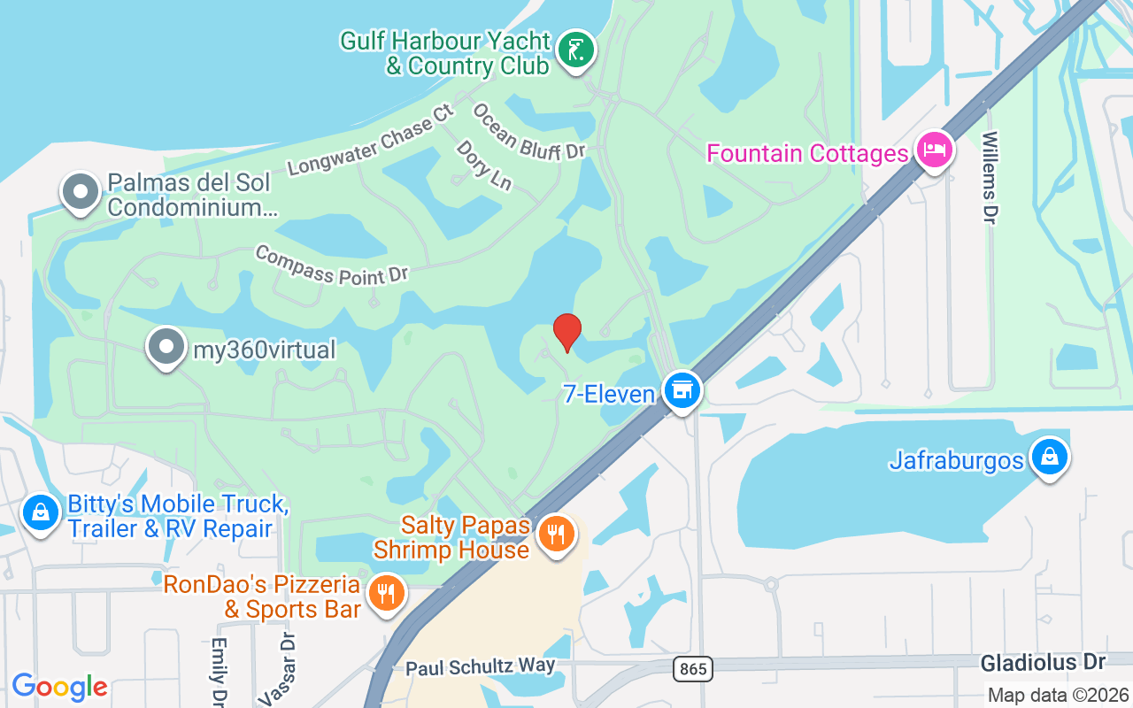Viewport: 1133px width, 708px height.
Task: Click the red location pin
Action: coord(566,333)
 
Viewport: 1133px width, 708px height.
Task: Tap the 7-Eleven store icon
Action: coord(682,390)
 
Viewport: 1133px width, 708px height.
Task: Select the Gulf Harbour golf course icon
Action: coord(576,50)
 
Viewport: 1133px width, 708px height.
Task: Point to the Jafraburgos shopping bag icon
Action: coord(1049,458)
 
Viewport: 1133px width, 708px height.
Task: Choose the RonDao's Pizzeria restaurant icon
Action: coord(385,593)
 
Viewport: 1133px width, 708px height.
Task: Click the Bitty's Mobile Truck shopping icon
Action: coord(41,514)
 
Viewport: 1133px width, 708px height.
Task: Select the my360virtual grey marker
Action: coord(166,348)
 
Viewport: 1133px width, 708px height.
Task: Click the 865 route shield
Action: coord(693,669)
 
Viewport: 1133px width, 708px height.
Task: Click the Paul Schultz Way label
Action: coord(481,666)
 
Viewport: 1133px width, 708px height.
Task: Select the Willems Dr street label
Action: coord(990,177)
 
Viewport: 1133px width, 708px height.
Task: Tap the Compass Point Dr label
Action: coord(332,265)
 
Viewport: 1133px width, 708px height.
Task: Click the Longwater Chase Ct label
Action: coord(370,141)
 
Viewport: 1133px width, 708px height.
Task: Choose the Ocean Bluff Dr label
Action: coord(528,132)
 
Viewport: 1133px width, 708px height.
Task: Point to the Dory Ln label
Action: coord(484,165)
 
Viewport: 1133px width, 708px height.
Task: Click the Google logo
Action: coord(59,687)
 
